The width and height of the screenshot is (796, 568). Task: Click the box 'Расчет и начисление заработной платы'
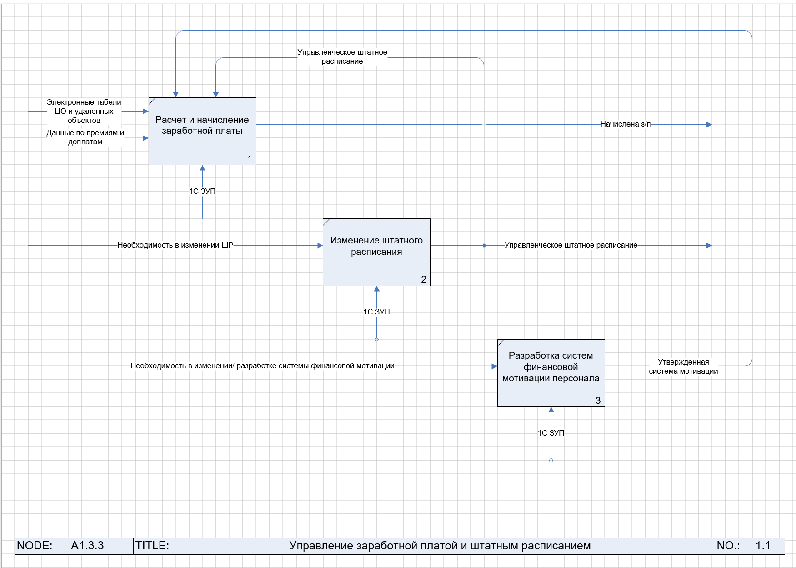point(202,131)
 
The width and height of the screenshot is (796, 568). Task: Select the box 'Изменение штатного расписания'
point(376,252)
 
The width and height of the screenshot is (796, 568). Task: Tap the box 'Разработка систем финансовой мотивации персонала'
point(551,373)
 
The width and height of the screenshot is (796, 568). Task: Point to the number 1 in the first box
point(249,159)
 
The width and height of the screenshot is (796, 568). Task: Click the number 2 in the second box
point(424,279)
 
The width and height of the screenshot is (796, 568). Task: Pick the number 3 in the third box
point(598,401)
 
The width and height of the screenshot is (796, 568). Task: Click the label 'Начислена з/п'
point(626,124)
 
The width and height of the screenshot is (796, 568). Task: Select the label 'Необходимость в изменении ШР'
point(175,245)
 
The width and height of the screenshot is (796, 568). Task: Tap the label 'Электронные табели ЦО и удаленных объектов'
point(84,112)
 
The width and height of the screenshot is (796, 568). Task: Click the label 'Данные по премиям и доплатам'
point(85,137)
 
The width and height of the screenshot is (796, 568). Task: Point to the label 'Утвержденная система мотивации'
point(683,367)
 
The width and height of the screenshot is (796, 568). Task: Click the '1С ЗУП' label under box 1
point(202,192)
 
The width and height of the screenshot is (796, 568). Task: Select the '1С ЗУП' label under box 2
point(376,312)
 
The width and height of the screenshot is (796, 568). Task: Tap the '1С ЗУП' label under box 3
point(551,433)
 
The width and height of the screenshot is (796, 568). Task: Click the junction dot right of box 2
point(484,246)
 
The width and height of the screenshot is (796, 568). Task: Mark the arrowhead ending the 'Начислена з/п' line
point(709,125)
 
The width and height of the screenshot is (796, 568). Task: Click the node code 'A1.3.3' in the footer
point(87,546)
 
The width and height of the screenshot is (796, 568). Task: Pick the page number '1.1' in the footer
point(763,546)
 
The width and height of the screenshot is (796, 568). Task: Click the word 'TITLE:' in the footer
point(152,546)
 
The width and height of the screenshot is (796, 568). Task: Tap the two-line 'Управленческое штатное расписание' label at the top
point(342,57)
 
